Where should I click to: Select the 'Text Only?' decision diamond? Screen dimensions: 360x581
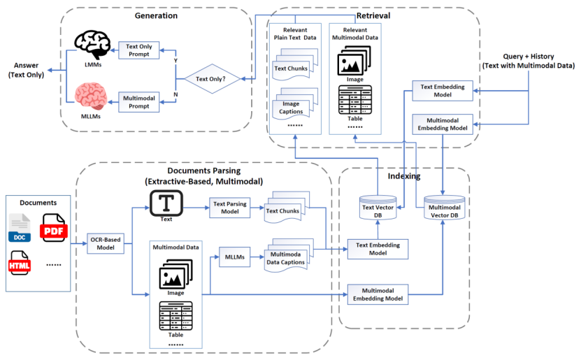click(x=212, y=80)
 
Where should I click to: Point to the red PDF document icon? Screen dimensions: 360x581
click(x=53, y=229)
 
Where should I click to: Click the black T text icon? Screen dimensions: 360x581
click(x=166, y=204)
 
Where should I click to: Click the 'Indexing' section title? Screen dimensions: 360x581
click(x=403, y=176)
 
